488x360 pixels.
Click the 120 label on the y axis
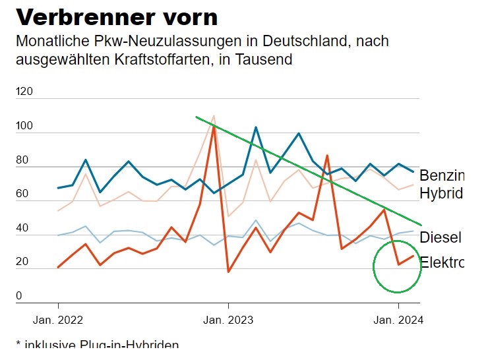pyautogui.click(x=24, y=91)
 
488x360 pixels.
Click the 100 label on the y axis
pyautogui.click(x=24, y=125)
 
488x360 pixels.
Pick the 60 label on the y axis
pyautogui.click(x=21, y=193)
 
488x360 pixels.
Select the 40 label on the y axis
pyautogui.click(x=21, y=228)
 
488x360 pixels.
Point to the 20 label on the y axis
pyautogui.click(x=21, y=262)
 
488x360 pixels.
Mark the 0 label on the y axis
pyautogui.click(x=18, y=296)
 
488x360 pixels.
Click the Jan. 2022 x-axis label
pyautogui.click(x=58, y=320)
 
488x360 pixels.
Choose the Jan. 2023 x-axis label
pyautogui.click(x=228, y=320)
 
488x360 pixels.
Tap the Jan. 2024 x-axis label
pyautogui.click(x=398, y=320)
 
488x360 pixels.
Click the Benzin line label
pyautogui.click(x=441, y=175)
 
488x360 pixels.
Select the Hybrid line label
pyautogui.click(x=441, y=193)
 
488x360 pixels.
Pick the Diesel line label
pyautogui.click(x=440, y=237)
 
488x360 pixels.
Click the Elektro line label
pyautogui.click(x=441, y=262)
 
